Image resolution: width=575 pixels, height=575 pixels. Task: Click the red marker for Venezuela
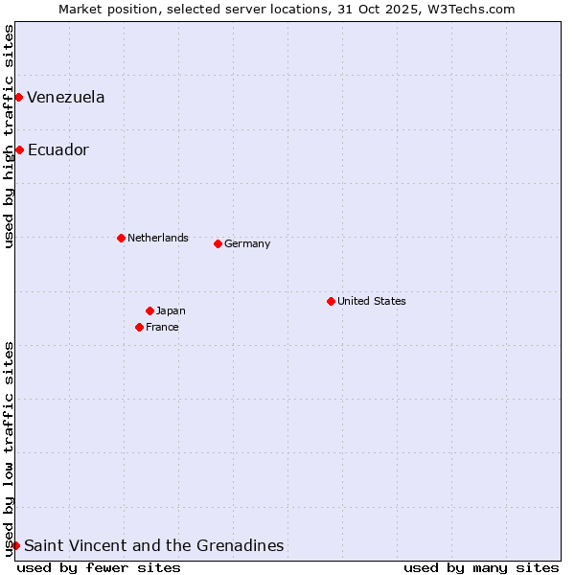tap(18, 97)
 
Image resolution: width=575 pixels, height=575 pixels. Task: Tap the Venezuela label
tap(66, 97)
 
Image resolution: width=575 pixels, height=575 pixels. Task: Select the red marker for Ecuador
tap(19, 149)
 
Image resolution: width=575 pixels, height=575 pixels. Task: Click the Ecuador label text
tap(58, 149)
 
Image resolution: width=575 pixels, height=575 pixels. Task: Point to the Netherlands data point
tap(121, 238)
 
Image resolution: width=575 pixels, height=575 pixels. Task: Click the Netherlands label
tap(158, 238)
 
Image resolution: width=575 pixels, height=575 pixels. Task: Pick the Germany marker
tap(218, 243)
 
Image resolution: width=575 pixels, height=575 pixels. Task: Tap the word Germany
tap(247, 243)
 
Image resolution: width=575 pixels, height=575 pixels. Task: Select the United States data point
tap(331, 301)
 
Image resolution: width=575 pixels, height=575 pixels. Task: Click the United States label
tap(372, 301)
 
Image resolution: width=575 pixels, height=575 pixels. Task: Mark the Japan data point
tap(149, 310)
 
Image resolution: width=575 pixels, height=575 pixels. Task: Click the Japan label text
tap(171, 310)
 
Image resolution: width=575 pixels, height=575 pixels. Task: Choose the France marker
tap(139, 327)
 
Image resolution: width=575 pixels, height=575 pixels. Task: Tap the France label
tap(162, 327)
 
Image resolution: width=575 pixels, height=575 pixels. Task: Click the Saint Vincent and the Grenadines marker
tap(15, 545)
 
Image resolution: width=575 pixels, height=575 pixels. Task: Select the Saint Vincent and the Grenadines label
tap(154, 545)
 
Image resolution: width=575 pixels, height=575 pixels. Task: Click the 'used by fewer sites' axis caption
tap(99, 567)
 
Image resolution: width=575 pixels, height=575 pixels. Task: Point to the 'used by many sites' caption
tap(481, 567)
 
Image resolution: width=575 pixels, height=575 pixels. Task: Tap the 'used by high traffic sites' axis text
tap(9, 136)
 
